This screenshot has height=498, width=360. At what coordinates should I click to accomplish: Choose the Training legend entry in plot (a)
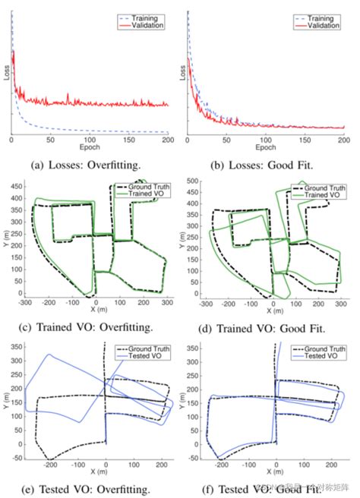[x=144, y=16]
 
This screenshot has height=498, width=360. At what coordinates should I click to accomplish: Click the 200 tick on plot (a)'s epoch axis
[x=167, y=141]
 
